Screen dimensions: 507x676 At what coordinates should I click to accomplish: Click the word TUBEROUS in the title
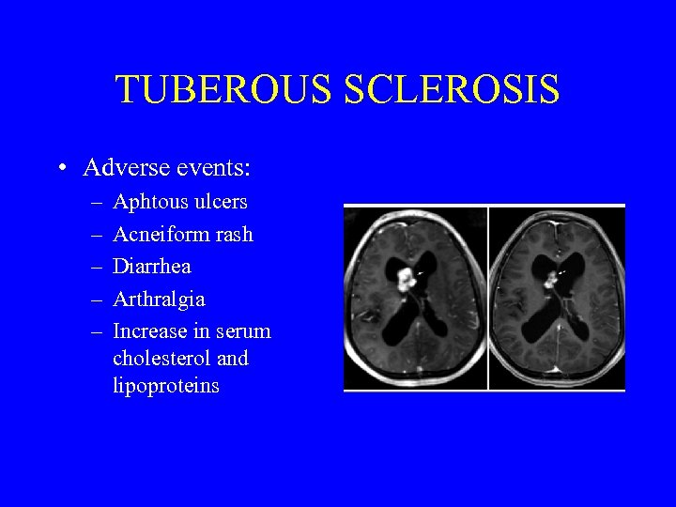click(224, 90)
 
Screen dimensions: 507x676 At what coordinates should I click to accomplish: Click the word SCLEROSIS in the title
click(452, 90)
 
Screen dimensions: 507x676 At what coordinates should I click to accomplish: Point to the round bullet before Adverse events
click(60, 169)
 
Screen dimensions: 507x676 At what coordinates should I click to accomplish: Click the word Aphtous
click(149, 202)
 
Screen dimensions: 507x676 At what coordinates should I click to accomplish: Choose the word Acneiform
click(161, 234)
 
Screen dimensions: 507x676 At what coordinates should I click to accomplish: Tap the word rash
click(234, 234)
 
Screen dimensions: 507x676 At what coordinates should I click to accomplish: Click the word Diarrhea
click(151, 267)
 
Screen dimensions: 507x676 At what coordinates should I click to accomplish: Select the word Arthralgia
click(159, 300)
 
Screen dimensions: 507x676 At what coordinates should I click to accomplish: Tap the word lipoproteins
click(165, 386)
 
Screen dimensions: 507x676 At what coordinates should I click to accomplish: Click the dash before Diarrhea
click(99, 268)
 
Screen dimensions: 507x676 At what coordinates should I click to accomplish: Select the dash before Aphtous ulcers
click(99, 203)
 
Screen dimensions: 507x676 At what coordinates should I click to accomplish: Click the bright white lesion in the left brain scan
click(407, 277)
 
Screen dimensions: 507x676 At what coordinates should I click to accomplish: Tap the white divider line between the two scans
click(488, 297)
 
